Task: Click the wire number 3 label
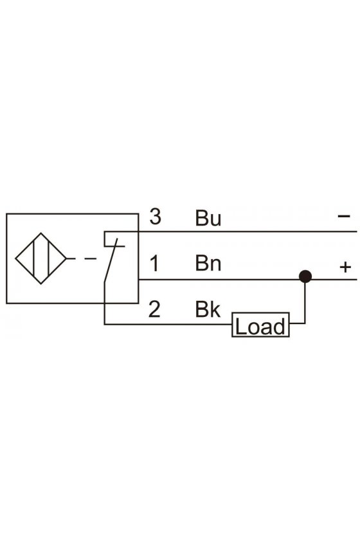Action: [x=156, y=217]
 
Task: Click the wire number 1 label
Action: [x=155, y=264]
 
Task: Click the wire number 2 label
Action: [x=155, y=309]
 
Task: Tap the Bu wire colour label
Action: [x=208, y=218]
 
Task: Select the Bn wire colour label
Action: [x=208, y=264]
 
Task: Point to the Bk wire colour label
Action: [x=208, y=309]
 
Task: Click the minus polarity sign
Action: [x=344, y=216]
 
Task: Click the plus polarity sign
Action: [x=345, y=267]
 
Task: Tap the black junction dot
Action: [x=305, y=276]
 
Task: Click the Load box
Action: [x=260, y=325]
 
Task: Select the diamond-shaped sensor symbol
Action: [x=40, y=258]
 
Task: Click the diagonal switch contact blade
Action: [x=111, y=260]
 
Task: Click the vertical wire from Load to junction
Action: [x=305, y=300]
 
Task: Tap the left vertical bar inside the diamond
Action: [x=34, y=258]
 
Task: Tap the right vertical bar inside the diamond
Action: [x=49, y=258]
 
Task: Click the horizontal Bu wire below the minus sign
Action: [x=231, y=232]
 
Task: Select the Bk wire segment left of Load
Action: [x=168, y=324]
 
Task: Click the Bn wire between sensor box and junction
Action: [x=219, y=279]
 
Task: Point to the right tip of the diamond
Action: [x=66, y=258]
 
